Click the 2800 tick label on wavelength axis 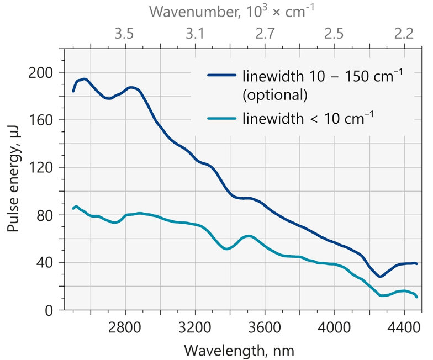[x=125, y=327]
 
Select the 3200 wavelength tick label [x=195, y=327]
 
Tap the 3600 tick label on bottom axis [x=265, y=327]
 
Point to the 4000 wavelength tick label [x=335, y=327]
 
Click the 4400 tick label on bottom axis [x=404, y=327]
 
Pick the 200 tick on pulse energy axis [x=42, y=72]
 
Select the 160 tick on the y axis [x=42, y=120]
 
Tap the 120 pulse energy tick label [x=42, y=167]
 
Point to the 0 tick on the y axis [x=49, y=310]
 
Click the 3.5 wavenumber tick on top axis [x=125, y=34]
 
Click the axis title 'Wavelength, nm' [x=239, y=350]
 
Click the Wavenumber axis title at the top [x=235, y=11]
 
